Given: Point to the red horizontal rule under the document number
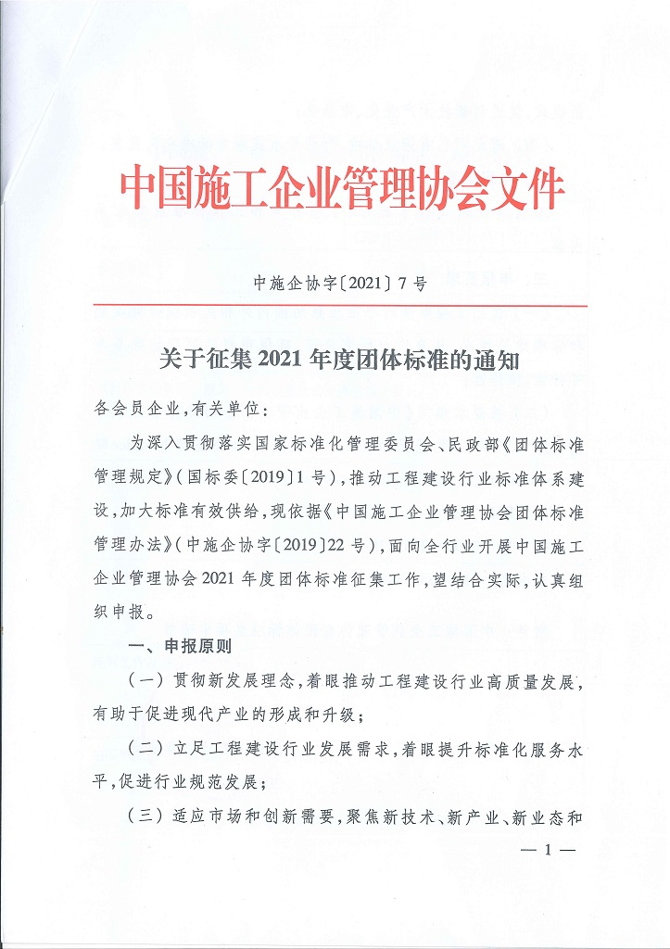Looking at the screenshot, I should pyautogui.click(x=339, y=305).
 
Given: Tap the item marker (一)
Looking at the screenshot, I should pyautogui.click(x=143, y=681).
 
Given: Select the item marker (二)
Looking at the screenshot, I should pyautogui.click(x=143, y=749).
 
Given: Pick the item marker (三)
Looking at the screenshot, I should pyautogui.click(x=143, y=816).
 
